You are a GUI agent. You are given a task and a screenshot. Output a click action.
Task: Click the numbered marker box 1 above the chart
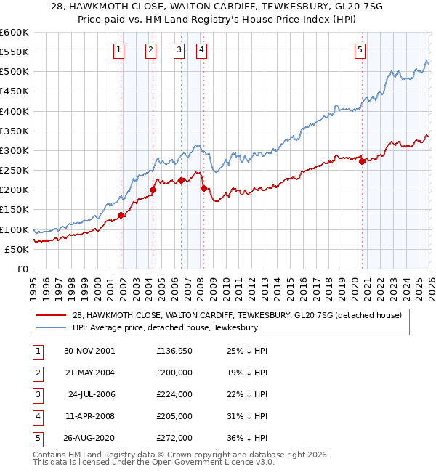coord(118,50)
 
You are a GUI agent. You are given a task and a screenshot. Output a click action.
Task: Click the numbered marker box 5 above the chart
coord(360,50)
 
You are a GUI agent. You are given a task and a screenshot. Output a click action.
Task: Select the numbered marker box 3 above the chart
coord(179,50)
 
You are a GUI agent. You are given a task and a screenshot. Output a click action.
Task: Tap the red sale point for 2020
coord(362,162)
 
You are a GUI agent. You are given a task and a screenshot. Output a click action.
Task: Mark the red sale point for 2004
coord(153,190)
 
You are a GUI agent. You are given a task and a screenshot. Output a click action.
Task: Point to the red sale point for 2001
coord(121,215)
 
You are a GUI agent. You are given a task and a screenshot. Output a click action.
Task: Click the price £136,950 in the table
coord(174,350)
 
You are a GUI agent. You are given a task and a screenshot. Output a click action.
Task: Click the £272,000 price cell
coord(174,438)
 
